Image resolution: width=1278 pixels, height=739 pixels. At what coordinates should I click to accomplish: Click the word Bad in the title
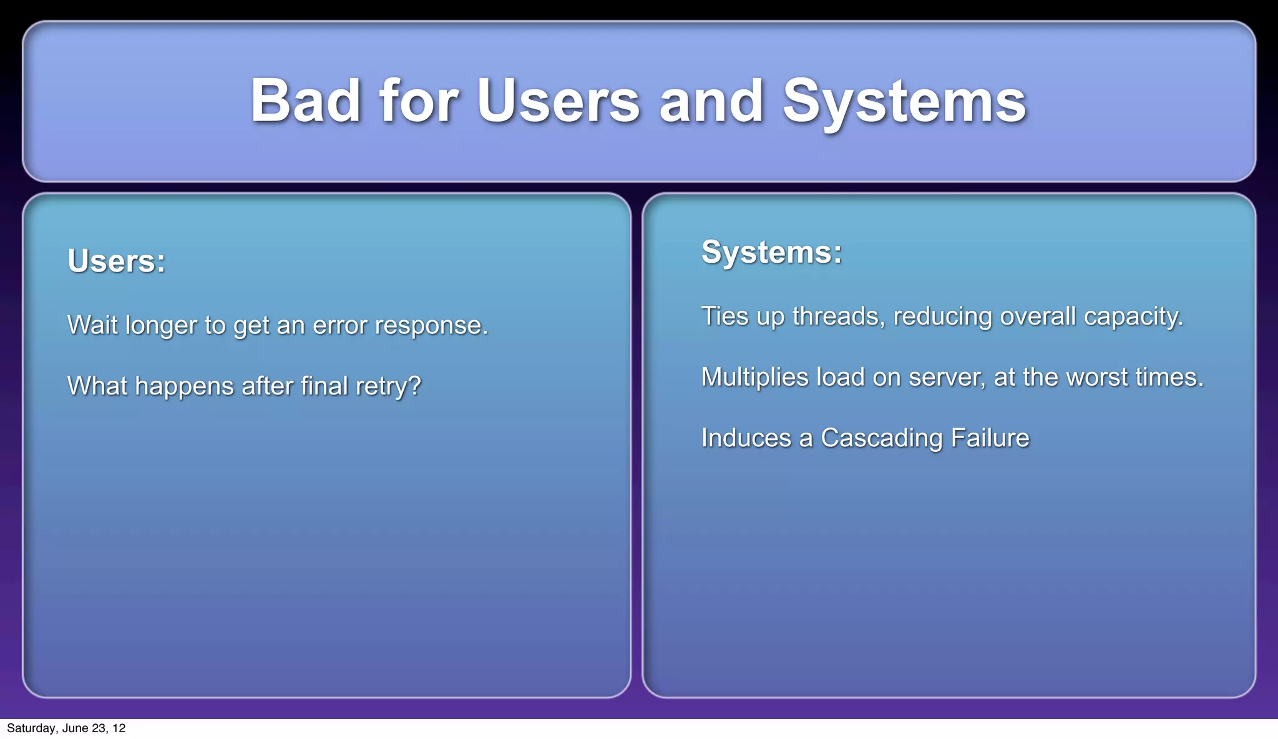pos(305,101)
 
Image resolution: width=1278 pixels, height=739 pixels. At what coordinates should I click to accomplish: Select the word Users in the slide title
pos(558,101)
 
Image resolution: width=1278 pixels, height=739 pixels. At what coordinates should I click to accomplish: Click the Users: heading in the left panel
pos(117,261)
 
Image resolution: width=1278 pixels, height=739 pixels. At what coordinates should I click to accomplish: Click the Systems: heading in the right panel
pos(771,252)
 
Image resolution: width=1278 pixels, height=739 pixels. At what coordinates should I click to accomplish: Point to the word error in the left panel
pos(340,325)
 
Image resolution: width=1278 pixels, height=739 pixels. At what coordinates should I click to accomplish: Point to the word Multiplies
pos(754,378)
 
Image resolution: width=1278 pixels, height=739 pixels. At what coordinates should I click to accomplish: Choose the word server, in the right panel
pos(947,378)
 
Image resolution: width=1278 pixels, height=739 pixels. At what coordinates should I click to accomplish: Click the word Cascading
pos(882,438)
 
